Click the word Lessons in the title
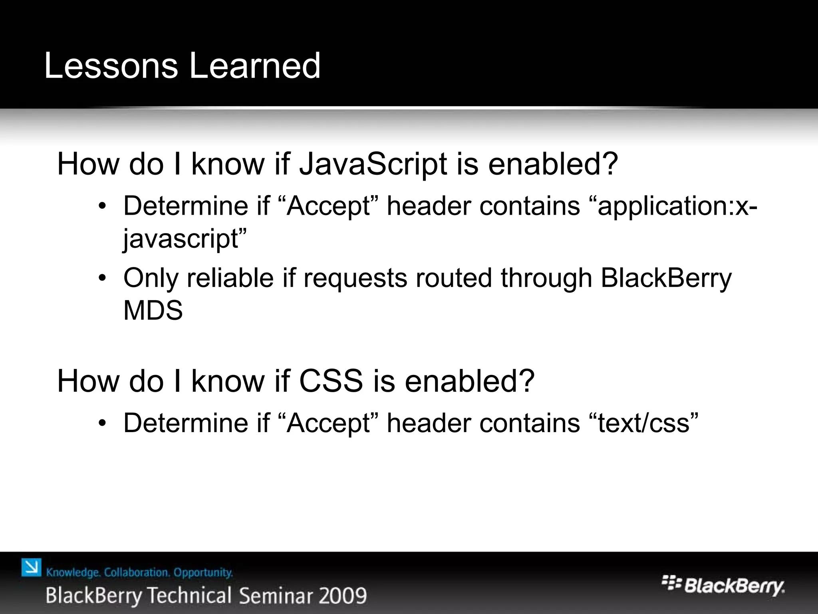point(111,66)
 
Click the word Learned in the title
point(254,66)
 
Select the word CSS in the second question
point(331,381)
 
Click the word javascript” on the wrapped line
point(185,239)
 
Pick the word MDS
point(153,311)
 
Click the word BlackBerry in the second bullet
point(666,278)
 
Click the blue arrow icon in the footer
point(32,568)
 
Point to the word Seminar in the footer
point(276,596)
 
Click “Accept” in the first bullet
point(329,206)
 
